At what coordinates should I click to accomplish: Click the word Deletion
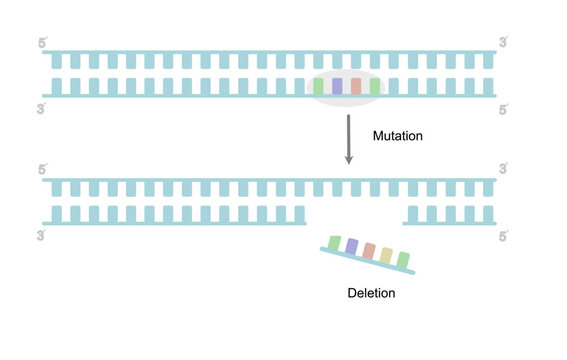pos(371,294)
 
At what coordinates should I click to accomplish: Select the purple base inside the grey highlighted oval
pos(337,87)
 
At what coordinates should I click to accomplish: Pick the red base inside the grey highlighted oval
pos(356,87)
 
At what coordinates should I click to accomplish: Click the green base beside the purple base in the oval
pos(319,87)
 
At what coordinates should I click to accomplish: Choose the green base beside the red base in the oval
pos(374,87)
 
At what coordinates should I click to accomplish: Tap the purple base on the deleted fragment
pos(351,245)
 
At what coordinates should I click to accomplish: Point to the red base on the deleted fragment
pos(368,250)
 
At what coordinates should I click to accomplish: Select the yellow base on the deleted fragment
pos(386,255)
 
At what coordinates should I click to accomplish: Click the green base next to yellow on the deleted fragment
pos(403,260)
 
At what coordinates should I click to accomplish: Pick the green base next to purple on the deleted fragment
pos(333,241)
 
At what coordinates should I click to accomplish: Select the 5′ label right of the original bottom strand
pos(504,108)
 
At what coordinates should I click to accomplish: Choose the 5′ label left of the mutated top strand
pos(41,169)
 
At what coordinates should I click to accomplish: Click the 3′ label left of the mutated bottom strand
pos(41,236)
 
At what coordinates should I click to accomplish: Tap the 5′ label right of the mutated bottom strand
pos(504,236)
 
